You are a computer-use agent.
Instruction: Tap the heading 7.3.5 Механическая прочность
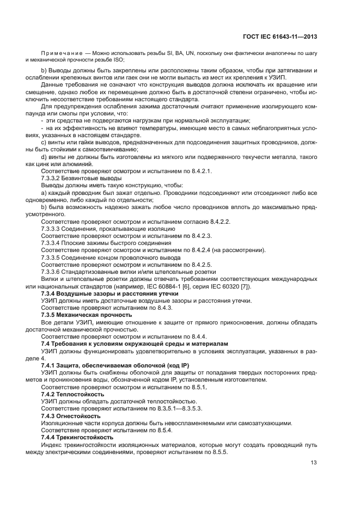pos(87,315)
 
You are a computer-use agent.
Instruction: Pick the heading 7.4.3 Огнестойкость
pos(70,416)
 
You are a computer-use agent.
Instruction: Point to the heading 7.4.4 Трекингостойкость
pos(77,437)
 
